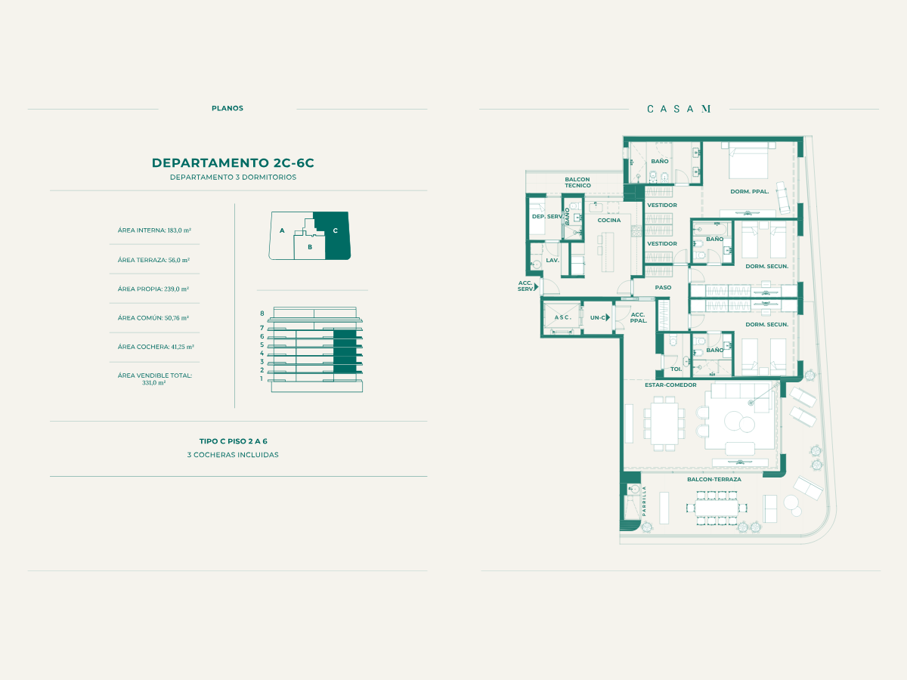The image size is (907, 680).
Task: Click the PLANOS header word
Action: click(x=228, y=108)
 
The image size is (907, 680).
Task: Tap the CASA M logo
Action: click(x=679, y=109)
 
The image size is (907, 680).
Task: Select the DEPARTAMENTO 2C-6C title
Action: click(x=233, y=162)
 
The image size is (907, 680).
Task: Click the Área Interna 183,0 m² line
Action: click(x=154, y=230)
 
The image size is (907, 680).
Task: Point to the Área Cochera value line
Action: click(x=156, y=347)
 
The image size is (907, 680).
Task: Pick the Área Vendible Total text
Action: click(x=154, y=379)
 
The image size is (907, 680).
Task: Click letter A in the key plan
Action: click(x=282, y=230)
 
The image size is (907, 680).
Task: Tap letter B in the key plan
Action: click(x=310, y=247)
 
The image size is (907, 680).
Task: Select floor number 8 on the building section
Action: click(x=262, y=314)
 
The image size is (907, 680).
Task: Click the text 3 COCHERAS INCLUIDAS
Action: click(x=233, y=455)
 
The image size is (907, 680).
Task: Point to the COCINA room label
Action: click(x=609, y=220)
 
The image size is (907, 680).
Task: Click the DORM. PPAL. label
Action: click(x=750, y=192)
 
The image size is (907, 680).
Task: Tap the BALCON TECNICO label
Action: click(x=577, y=183)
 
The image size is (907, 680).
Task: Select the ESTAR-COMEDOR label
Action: click(x=670, y=385)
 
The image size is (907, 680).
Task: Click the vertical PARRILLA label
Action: click(x=644, y=501)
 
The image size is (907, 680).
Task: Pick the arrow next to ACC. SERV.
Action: click(x=536, y=286)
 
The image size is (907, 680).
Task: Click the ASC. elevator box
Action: click(x=562, y=317)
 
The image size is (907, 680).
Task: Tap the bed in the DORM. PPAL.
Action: click(x=748, y=160)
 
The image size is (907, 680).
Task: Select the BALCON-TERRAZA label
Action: click(x=714, y=479)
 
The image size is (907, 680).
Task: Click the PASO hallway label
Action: click(x=663, y=287)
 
